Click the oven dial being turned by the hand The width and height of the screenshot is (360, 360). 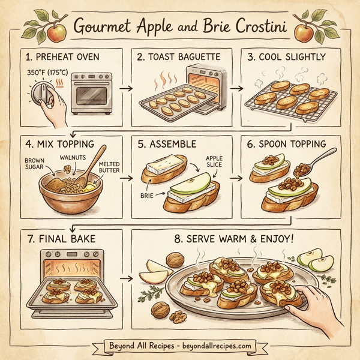point(43,95)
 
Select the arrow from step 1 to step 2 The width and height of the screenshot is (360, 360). point(125,88)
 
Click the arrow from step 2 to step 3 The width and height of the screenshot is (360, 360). point(236,88)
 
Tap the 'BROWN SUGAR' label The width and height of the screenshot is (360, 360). point(35,164)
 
